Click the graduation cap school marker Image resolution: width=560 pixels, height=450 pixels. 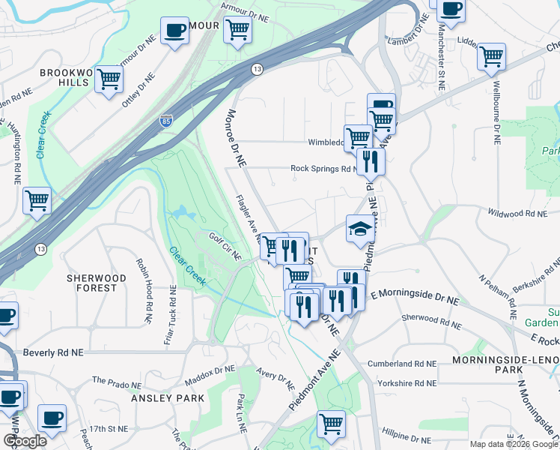click(x=361, y=228)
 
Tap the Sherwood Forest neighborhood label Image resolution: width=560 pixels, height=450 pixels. click(x=96, y=283)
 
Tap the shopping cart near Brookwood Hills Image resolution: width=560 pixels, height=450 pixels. click(x=109, y=79)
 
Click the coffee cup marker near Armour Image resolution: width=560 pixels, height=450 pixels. click(x=175, y=31)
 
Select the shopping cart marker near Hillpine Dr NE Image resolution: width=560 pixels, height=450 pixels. click(x=331, y=423)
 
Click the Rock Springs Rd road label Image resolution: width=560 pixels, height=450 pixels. click(x=321, y=169)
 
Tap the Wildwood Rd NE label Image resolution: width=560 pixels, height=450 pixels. click(x=517, y=214)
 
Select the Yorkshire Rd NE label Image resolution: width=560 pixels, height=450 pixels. click(x=404, y=383)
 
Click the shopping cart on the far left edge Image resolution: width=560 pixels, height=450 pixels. click(x=37, y=200)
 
